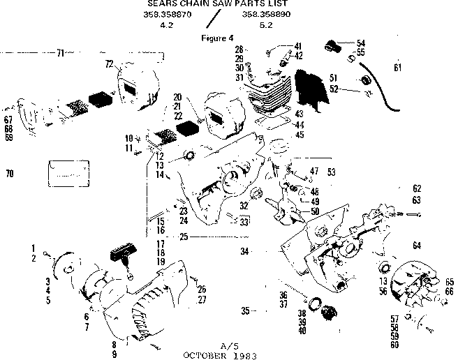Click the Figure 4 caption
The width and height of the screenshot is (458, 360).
click(x=216, y=38)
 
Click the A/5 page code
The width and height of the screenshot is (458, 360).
click(x=229, y=345)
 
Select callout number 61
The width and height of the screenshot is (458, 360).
click(x=397, y=68)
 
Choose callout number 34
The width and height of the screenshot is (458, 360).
click(x=245, y=250)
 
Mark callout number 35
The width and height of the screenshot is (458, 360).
click(x=245, y=310)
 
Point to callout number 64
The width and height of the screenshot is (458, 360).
click(x=417, y=244)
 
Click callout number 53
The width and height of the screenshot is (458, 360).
click(x=331, y=171)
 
